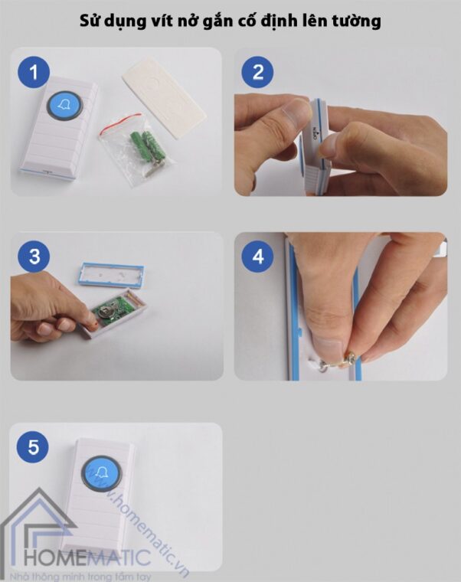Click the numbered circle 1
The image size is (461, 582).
click(x=34, y=72)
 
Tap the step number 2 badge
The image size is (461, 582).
click(x=257, y=72)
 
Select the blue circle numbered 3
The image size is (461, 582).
click(x=34, y=257)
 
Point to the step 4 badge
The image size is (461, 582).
click(x=258, y=257)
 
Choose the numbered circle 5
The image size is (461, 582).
click(x=33, y=446)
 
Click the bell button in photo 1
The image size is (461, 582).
click(x=65, y=106)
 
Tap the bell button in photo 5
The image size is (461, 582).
click(x=101, y=473)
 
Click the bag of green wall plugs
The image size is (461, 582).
click(x=136, y=149)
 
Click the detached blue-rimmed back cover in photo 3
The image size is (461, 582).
click(x=111, y=275)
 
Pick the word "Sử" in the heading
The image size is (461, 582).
click(x=89, y=21)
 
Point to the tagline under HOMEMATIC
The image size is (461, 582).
click(x=80, y=577)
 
